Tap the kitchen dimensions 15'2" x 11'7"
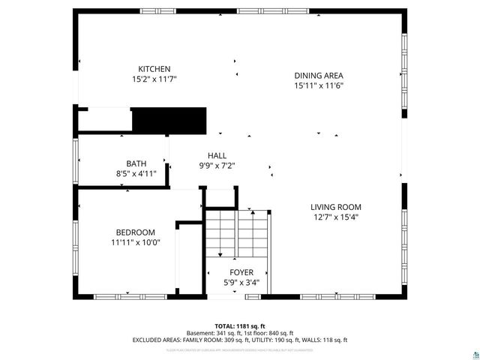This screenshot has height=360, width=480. [x=154, y=78]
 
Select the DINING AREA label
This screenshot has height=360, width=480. [x=318, y=75]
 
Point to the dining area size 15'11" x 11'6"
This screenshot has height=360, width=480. [x=318, y=85]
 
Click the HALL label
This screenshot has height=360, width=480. [x=217, y=155]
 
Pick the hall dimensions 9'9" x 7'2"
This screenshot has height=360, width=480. [x=217, y=165]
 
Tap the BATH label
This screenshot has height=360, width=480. [x=136, y=163]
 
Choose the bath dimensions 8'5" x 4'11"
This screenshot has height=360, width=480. [x=136, y=173]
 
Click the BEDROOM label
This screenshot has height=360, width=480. [x=135, y=232]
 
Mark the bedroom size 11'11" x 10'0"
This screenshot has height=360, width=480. [x=135, y=241]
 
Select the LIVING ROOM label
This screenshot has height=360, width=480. [x=336, y=207]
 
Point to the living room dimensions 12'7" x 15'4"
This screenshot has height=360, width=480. [x=336, y=217]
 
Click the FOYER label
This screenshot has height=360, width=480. [x=241, y=272]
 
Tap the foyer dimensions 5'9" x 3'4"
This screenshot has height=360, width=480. [x=241, y=282]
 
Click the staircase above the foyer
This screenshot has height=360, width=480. [x=237, y=232]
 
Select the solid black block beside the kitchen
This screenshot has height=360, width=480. [x=169, y=120]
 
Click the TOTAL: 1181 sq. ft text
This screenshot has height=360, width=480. [x=240, y=326]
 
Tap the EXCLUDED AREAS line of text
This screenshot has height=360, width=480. [x=240, y=340]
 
